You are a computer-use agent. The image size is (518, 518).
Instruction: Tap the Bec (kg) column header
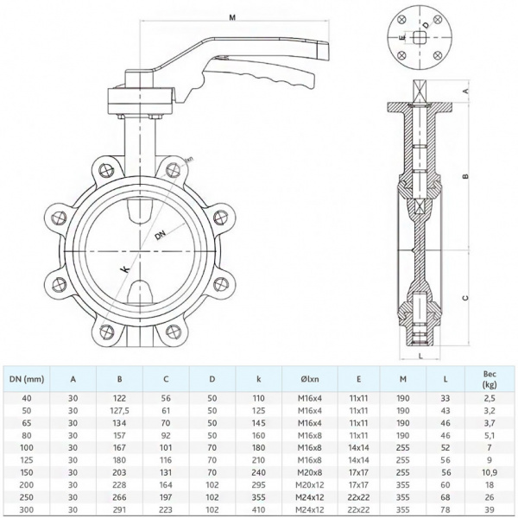click(x=490, y=376)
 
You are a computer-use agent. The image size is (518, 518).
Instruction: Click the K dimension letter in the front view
click(x=126, y=269)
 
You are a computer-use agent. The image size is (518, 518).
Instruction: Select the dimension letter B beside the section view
click(x=465, y=176)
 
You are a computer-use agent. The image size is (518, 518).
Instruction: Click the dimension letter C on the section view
click(x=465, y=298)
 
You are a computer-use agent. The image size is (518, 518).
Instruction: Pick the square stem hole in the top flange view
click(x=418, y=37)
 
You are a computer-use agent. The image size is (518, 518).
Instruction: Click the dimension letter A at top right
click(x=465, y=91)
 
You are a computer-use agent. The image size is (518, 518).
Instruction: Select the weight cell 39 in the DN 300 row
click(x=490, y=509)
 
